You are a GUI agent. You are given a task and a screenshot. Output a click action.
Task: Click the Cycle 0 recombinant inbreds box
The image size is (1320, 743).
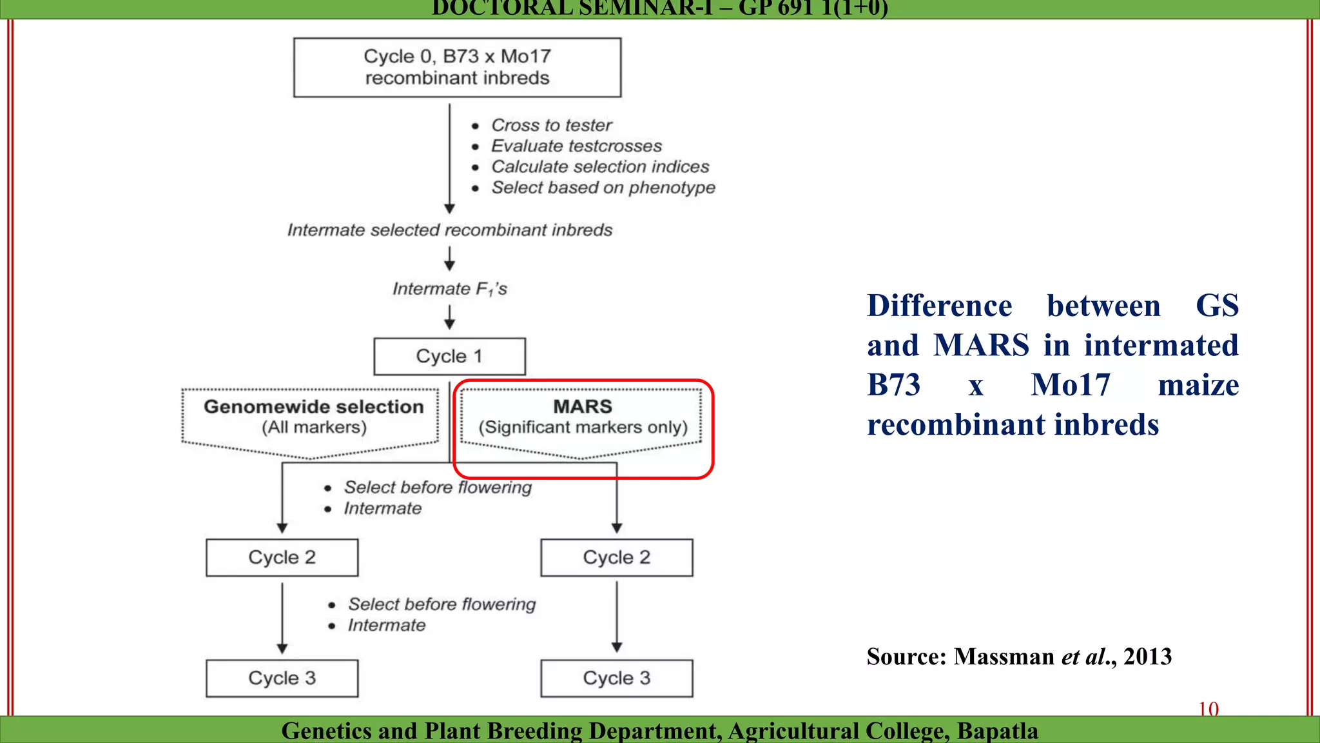(x=457, y=67)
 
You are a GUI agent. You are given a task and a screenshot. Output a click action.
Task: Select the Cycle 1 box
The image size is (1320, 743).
(x=449, y=356)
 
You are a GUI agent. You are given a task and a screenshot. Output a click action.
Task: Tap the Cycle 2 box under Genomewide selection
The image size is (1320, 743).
(x=282, y=557)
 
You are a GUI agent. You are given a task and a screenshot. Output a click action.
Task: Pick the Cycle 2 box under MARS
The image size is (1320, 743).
(x=616, y=557)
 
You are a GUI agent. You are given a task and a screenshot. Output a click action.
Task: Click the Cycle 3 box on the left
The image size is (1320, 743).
(x=282, y=678)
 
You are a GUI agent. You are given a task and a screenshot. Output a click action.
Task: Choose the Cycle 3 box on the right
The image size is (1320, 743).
(x=616, y=678)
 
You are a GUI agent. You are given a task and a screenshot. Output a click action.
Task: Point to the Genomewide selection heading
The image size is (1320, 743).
(x=313, y=407)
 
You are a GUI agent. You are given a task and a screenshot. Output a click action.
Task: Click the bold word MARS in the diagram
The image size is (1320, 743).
(x=582, y=407)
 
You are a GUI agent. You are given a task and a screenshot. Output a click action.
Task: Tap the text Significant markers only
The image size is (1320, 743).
(x=583, y=428)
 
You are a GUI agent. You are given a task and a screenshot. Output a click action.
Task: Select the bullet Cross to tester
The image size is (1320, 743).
(x=551, y=125)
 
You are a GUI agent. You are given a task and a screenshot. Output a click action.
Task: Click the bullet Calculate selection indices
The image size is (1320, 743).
(x=599, y=167)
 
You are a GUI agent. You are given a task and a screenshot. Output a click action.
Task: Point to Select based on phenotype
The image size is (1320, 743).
(x=603, y=188)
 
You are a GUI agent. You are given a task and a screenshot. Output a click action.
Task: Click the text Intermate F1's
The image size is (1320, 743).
(x=449, y=289)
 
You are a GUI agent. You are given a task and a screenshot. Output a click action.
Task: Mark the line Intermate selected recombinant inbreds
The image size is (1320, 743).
(x=449, y=230)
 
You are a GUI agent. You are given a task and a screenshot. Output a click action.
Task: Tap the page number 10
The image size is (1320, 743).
(x=1208, y=709)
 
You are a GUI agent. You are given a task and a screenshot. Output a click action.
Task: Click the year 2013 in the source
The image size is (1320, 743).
(x=1147, y=657)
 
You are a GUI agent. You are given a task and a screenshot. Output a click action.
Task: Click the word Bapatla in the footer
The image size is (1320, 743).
(x=997, y=731)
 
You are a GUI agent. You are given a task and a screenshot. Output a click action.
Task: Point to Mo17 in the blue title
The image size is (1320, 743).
(x=1070, y=385)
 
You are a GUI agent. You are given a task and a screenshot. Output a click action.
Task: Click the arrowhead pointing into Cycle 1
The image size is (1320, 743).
(x=449, y=325)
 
